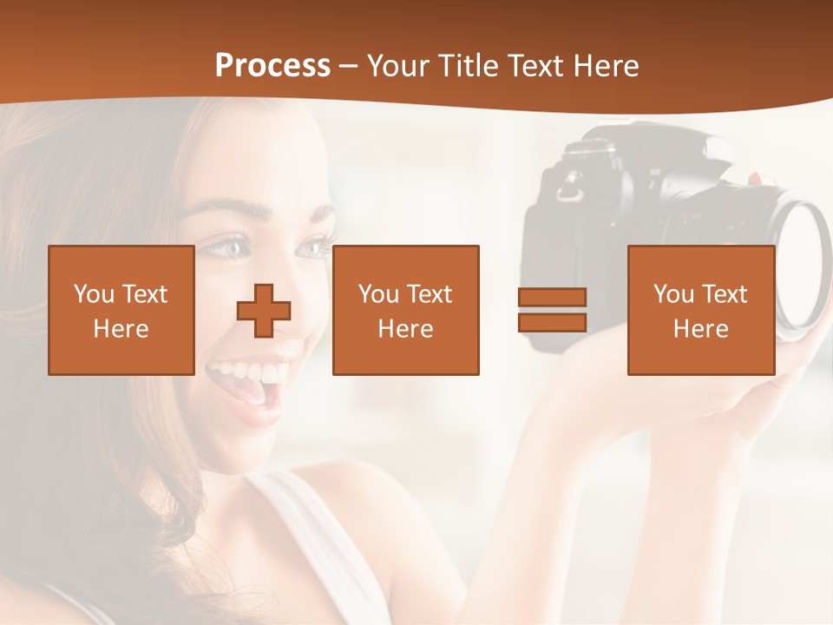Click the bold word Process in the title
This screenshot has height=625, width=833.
[272, 66]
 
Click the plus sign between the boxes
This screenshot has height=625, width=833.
[264, 310]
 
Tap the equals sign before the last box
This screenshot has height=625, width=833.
[552, 310]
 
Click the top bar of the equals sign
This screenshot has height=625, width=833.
[552, 297]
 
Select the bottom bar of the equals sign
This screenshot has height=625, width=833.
[552, 322]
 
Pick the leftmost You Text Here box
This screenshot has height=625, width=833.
[121, 310]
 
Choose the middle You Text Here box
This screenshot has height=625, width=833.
[405, 310]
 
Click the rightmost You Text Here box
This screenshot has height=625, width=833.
[700, 310]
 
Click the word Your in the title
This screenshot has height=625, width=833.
[397, 66]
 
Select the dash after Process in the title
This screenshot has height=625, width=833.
[349, 66]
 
